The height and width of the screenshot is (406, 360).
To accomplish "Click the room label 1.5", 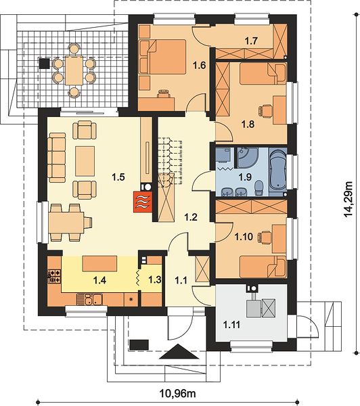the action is point(118,177).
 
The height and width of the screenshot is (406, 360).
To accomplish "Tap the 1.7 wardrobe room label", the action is point(252,41).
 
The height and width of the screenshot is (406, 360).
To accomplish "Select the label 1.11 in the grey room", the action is point(232,324).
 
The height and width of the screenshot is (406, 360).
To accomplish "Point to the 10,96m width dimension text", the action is point(178,394).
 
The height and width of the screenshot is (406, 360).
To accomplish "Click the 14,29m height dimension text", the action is point(348,199).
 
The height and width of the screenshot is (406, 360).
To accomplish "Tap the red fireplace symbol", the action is point(143,202).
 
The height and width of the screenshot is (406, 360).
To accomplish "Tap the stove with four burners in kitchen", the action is point(54,276).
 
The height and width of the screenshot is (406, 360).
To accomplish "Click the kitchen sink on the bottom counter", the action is point(90,299).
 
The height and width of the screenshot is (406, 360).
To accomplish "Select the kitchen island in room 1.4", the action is point(99,264).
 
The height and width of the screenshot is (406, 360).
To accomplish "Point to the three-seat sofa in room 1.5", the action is point(56,158).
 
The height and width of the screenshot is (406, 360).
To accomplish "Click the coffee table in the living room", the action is point(85,161).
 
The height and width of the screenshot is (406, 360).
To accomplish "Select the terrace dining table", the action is point(74,70).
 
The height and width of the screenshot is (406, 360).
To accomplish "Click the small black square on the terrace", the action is point(44,64).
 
